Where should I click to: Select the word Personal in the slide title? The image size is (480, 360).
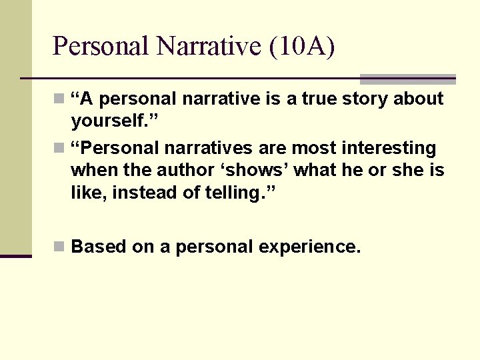pos(102,46)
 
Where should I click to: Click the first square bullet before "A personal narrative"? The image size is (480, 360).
pos(59,99)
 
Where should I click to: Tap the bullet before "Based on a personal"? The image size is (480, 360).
pos(59,247)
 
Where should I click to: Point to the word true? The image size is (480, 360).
pos(321,99)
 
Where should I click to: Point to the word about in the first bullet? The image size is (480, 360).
pos(418,99)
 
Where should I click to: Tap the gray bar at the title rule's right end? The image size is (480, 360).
pos(407,79)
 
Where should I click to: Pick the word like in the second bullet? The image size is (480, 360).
pos(86,193)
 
